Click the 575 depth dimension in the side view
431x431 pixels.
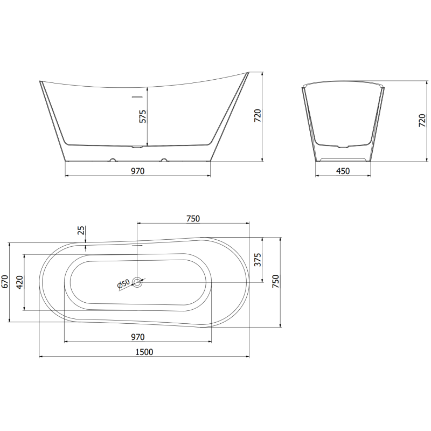tap(143, 116)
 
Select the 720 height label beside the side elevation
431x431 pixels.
tap(258, 116)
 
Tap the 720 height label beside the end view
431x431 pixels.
tap(422, 120)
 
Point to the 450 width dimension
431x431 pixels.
tap(343, 171)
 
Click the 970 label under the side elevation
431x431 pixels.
tap(137, 171)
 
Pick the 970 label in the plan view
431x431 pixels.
tap(137, 337)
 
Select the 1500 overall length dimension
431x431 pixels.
tap(144, 352)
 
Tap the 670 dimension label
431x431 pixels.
tap(5, 283)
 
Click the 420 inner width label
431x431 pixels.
tap(20, 282)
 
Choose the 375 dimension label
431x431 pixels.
tap(258, 260)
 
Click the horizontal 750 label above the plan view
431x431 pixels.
tap(193, 218)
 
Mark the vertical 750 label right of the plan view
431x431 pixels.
tap(275, 282)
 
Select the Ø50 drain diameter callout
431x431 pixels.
tap(123, 284)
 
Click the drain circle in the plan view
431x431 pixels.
tap(138, 281)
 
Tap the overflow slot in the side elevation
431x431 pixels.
tap(138, 98)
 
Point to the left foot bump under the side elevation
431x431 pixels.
tap(113, 160)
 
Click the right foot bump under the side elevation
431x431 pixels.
tap(163, 160)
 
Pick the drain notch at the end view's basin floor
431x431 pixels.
tap(343, 146)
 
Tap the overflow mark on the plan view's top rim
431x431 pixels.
tap(138, 242)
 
